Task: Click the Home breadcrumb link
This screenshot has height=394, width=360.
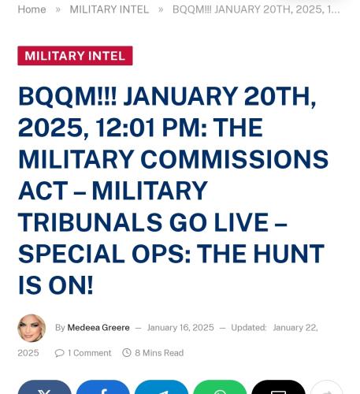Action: click(32, 9)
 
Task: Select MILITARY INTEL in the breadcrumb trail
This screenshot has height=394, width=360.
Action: click(109, 9)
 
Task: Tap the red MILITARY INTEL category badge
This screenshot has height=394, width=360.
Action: click(75, 56)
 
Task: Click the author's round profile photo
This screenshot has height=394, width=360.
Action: click(32, 328)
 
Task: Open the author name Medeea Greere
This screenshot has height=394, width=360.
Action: click(98, 328)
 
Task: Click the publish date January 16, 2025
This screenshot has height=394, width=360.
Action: click(180, 328)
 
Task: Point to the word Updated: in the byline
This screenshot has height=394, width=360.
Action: click(248, 328)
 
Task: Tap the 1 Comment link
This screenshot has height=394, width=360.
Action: click(89, 353)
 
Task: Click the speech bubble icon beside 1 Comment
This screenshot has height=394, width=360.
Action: click(60, 353)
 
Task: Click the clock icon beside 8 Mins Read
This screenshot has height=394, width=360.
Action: click(127, 353)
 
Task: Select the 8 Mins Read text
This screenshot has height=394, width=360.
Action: click(159, 353)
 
